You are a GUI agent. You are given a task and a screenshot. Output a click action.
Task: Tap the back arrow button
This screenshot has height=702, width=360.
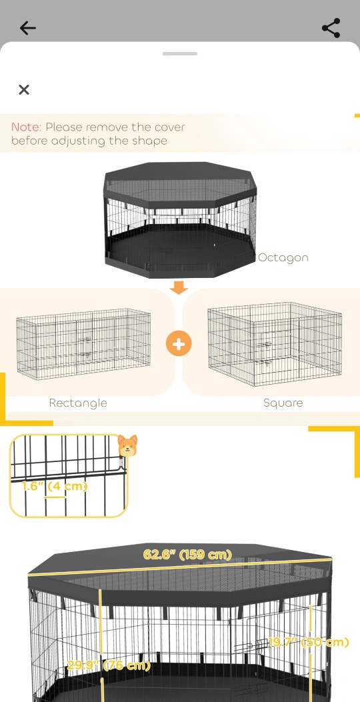(x=28, y=28)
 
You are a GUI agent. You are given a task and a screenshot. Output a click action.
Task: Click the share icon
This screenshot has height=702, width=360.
(x=331, y=28)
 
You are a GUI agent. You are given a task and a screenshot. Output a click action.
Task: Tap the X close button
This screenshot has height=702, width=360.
(x=24, y=89)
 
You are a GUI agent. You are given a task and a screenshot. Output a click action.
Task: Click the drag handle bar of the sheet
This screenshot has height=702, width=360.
(x=180, y=54)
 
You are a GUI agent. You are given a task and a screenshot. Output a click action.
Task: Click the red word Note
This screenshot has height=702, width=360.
(x=26, y=127)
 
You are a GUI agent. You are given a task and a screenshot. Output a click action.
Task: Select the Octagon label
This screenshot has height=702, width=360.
(x=283, y=258)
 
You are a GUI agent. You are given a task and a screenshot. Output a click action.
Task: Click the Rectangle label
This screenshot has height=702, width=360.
(x=78, y=403)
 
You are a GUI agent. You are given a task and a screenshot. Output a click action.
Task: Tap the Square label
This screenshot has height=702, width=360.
(x=283, y=403)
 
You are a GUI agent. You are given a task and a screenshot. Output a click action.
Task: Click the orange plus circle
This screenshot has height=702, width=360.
(x=179, y=344)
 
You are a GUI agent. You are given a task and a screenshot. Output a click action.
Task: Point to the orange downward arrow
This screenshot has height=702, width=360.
(x=179, y=287)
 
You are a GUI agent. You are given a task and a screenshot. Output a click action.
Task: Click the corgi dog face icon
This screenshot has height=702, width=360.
(x=127, y=445)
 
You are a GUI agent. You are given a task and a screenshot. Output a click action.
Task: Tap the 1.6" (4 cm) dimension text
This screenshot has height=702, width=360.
(x=54, y=486)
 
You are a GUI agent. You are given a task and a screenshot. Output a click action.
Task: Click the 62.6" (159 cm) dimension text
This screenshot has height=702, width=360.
(x=187, y=554)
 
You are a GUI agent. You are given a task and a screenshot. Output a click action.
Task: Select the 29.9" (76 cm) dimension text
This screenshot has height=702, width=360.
(x=109, y=665)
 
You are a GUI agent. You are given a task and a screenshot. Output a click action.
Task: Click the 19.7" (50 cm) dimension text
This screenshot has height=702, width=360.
(x=308, y=643)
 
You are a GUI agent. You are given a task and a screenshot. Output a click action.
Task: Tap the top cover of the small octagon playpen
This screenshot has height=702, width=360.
(x=181, y=183)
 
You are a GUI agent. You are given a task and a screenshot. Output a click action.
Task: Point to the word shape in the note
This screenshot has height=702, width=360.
(x=149, y=141)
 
